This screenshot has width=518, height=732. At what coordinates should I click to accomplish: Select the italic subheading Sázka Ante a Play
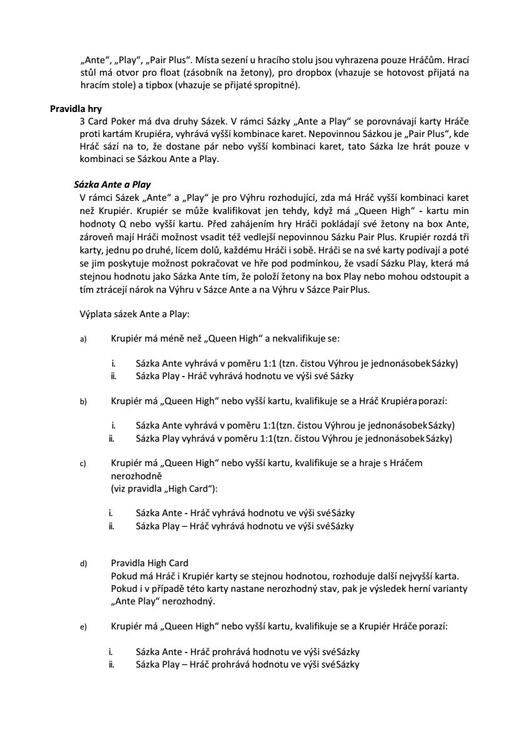tap(112, 185)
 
